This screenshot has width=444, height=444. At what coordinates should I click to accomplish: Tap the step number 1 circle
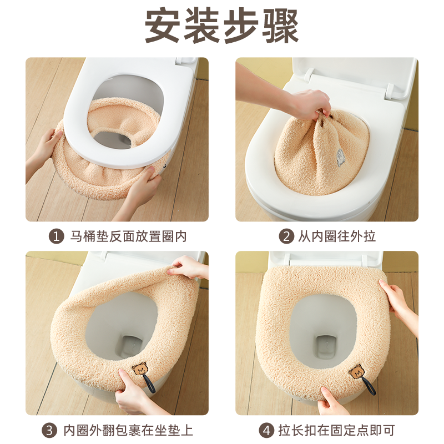click(x=56, y=236)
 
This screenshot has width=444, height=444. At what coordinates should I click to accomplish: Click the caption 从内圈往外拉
click(x=336, y=236)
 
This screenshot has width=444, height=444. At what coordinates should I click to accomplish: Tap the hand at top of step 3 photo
click(x=189, y=268)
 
